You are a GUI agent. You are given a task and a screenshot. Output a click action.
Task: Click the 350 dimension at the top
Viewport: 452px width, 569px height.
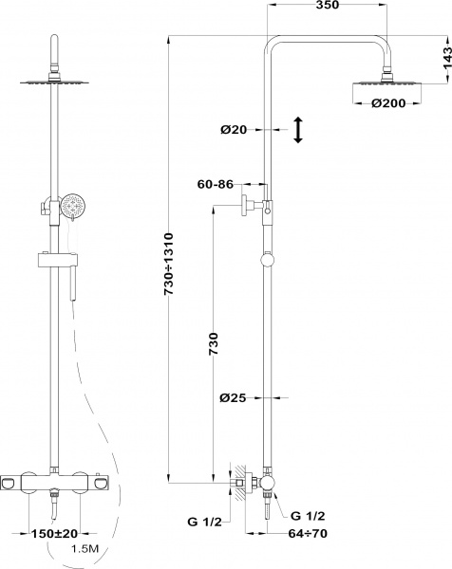click(x=327, y=5)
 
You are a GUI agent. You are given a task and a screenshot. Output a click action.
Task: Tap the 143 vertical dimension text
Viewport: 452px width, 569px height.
click(x=447, y=60)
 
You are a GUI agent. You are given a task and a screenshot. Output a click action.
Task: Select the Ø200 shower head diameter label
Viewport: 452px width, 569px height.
click(x=388, y=103)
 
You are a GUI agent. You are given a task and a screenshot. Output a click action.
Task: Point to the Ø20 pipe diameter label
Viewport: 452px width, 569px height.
click(x=234, y=129)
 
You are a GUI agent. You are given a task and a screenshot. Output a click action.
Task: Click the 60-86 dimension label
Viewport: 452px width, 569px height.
click(x=216, y=184)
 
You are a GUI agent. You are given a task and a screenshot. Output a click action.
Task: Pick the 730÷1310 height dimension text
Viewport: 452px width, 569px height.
click(x=169, y=264)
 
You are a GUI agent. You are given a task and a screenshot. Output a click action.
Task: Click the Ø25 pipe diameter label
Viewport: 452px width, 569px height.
click(x=233, y=398)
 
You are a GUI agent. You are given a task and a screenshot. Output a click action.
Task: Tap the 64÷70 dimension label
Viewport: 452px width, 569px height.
click(x=308, y=533)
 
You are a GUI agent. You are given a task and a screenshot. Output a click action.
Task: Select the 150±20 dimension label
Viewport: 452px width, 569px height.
click(x=54, y=533)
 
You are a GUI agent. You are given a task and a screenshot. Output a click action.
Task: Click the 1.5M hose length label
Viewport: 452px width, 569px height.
click(x=85, y=549)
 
